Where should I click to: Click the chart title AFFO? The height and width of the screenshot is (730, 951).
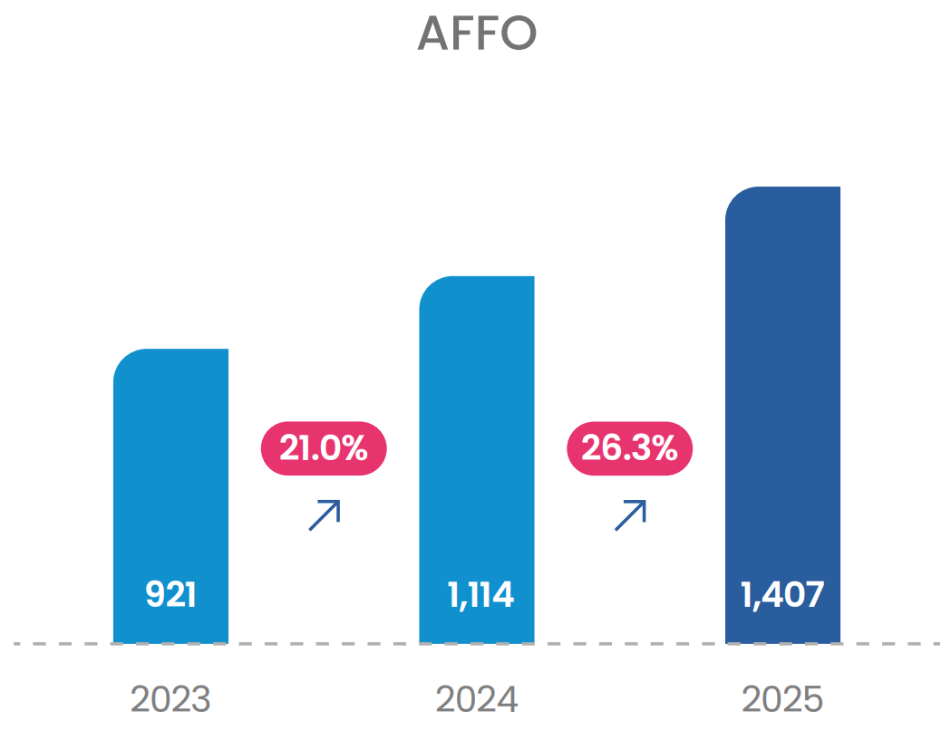point(477,33)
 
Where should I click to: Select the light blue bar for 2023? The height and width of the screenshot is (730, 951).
point(170,495)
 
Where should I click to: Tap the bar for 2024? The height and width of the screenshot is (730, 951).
point(477,459)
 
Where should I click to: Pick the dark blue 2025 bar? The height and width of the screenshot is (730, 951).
point(782,415)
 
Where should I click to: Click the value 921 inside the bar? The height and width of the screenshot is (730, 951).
point(170,594)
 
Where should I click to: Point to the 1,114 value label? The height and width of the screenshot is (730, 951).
point(480,595)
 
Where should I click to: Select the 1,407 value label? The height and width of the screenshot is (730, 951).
point(782,595)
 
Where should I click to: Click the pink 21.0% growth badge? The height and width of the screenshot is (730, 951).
point(324,448)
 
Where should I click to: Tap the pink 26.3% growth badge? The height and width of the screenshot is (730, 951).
point(629,448)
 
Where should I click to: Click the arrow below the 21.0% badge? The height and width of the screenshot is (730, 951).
point(325,515)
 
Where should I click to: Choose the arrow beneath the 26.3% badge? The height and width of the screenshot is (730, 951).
point(630,515)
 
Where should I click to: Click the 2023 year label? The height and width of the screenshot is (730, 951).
point(170,699)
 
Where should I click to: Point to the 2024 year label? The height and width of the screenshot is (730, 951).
point(477,699)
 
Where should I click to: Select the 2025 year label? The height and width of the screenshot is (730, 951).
point(782,699)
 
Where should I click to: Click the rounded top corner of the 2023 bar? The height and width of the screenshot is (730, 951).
point(123,359)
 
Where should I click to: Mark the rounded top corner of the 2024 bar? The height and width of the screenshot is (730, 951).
point(429,286)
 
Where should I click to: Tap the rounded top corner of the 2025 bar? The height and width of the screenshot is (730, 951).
point(735,197)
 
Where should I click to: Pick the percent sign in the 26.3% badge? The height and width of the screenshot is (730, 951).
point(665,448)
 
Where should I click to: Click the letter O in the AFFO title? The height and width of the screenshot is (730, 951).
point(519,33)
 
